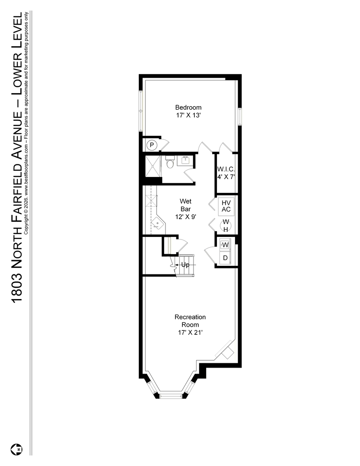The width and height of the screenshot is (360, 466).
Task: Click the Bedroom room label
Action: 188,107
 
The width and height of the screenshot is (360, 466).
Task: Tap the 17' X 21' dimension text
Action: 190,333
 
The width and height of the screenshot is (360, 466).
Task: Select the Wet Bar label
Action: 186,205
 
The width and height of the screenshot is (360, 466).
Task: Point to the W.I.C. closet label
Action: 226,169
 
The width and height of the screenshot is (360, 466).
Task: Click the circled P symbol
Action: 152,145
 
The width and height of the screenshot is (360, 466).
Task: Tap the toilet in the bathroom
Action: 170,162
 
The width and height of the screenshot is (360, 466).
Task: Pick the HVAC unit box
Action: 226,206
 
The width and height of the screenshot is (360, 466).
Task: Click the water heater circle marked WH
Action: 226,226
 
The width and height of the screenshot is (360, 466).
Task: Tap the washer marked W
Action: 225,245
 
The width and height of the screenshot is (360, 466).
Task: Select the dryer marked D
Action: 225,258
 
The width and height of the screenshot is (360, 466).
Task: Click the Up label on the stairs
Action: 185,264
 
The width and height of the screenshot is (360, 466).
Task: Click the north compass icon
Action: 17,449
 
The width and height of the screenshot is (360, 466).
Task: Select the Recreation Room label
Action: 190,321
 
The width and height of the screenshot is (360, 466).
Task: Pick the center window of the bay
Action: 170,396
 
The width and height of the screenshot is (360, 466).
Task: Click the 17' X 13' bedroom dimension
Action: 188,115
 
